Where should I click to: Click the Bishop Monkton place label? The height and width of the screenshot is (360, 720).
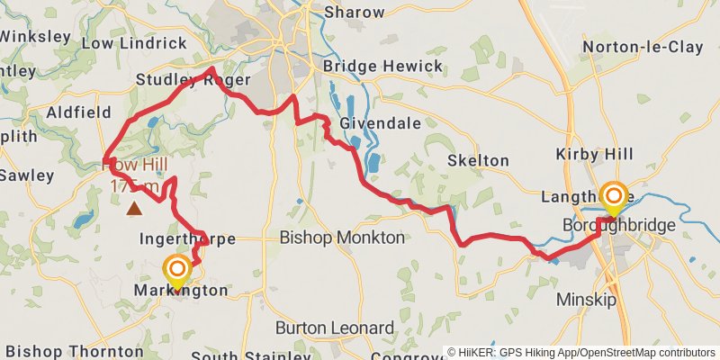tap(342, 238)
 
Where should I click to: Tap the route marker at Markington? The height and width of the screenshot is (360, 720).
tap(176, 269)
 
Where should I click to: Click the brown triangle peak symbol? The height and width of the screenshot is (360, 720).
tap(134, 210)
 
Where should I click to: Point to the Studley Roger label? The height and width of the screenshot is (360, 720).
tap(179, 80)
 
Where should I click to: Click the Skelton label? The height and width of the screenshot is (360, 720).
tap(479, 160)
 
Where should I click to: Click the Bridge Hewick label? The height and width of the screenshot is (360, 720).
tap(383, 67)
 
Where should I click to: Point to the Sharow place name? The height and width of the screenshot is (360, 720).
tap(354, 13)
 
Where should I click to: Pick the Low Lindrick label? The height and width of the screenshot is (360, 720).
tap(123, 42)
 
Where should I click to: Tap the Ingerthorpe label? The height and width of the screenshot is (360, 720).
tap(186, 239)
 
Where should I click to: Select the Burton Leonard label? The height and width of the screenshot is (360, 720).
tap(335, 327)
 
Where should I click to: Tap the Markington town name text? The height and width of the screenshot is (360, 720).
tap(180, 291)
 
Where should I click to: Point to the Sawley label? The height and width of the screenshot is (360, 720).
tap(26, 175)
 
